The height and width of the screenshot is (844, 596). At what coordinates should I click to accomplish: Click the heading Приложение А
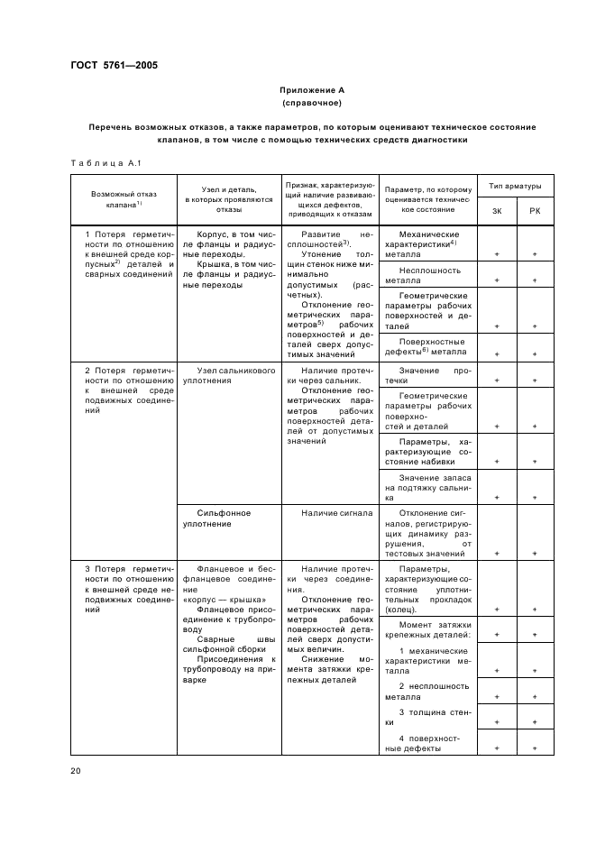[x=311, y=91]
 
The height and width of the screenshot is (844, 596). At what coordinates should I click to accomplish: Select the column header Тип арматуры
[x=515, y=187]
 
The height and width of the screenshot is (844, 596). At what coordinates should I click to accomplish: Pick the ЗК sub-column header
[x=497, y=211]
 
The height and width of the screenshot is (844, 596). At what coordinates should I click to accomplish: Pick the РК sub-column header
[x=535, y=211]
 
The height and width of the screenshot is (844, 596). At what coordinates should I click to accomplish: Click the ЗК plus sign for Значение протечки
[x=497, y=381]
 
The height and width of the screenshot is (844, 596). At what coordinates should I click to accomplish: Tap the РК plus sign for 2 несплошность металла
[x=535, y=697]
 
